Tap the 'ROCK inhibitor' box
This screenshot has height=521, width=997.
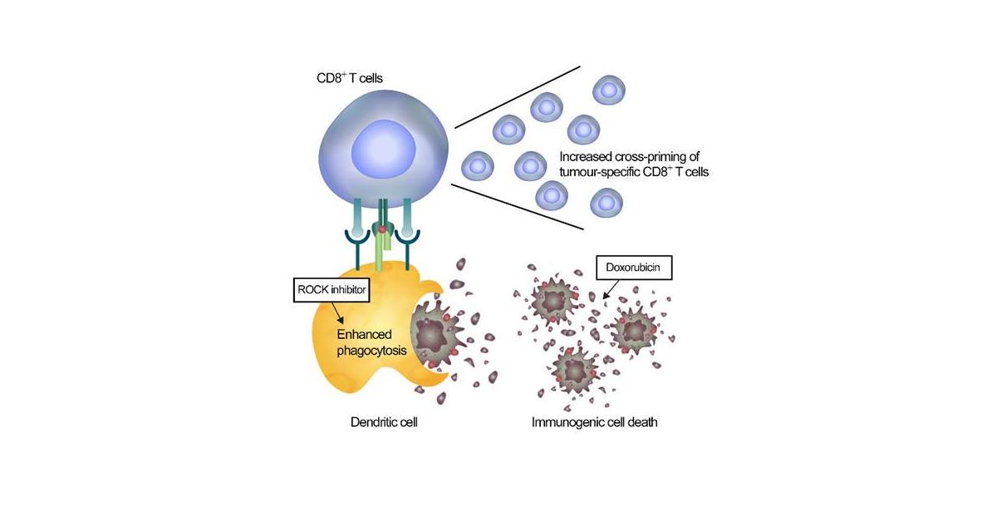pyautogui.click(x=331, y=292)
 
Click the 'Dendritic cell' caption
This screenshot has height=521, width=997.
pyautogui.click(x=383, y=422)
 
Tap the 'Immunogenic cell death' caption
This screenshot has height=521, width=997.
pyautogui.click(x=595, y=422)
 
